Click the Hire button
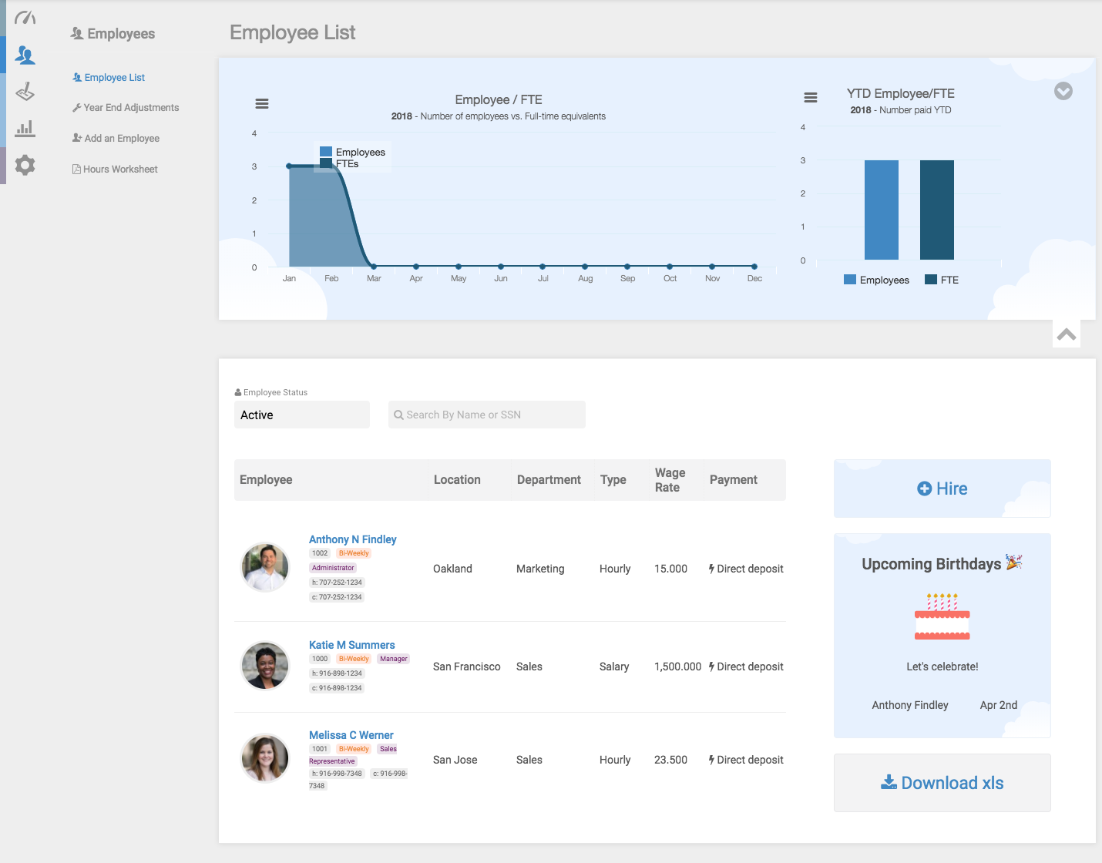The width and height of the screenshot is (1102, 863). (942, 489)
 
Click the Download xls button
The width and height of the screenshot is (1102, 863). (942, 783)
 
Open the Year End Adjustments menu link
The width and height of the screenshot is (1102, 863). (131, 108)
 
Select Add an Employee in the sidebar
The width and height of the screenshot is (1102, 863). (122, 139)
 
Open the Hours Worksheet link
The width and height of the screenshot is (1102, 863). (120, 170)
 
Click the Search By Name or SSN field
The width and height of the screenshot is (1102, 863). (487, 415)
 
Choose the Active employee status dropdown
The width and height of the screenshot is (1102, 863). (301, 415)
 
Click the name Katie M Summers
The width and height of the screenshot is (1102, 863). (351, 645)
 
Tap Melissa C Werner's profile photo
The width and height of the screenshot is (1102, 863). (265, 757)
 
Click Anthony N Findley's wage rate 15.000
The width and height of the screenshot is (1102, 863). (670, 569)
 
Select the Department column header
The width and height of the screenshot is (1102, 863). (549, 479)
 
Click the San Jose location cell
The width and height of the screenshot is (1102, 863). (455, 760)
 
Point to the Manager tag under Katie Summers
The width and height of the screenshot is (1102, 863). (393, 659)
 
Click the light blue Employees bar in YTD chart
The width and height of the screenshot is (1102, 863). (881, 210)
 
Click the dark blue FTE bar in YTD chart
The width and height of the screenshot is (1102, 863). (936, 210)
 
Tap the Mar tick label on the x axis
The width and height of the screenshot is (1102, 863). (374, 279)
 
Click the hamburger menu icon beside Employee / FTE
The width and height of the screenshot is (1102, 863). (262, 103)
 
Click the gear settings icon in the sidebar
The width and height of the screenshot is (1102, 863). (25, 165)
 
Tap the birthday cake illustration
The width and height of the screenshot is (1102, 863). (942, 616)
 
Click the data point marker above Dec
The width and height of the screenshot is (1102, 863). (754, 267)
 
